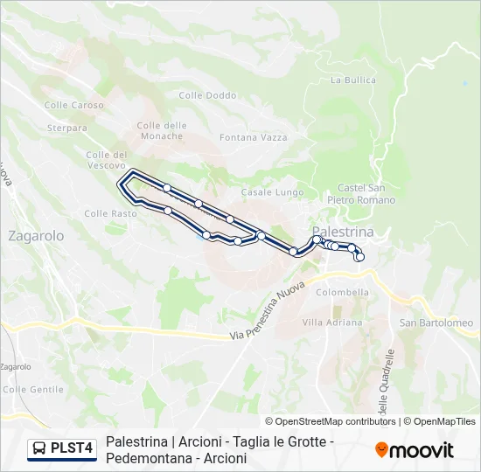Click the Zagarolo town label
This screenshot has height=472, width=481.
coord(36,236)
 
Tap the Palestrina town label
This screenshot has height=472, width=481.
coord(343,232)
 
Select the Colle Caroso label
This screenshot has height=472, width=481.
coord(74,105)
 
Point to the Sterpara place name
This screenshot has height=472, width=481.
coord(67,128)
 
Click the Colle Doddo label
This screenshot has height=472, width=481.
coord(207,95)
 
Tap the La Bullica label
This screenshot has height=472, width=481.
coord(353,80)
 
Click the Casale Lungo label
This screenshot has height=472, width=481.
coord(272,192)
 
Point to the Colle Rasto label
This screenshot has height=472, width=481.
coord(110,213)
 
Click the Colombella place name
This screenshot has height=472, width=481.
coord(343,293)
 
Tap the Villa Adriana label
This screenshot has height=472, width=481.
coord(331,323)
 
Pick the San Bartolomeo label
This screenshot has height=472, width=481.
coord(436,323)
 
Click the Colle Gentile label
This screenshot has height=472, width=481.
coord(34,389)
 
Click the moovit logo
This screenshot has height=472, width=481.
coord(415,450)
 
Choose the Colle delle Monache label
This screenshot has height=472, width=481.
coord(161,130)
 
